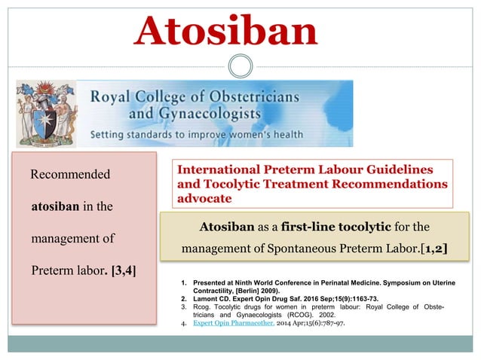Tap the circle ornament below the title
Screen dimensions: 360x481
pos(240,68)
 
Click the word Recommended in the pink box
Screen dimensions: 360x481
pos(69,175)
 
